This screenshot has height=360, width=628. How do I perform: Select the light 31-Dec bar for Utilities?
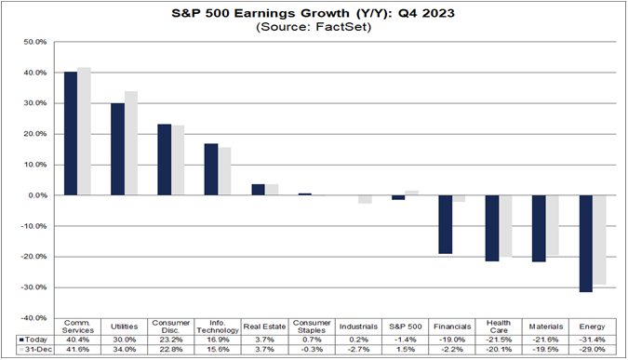pos(131,143)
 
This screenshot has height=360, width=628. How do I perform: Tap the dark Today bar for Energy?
pos(585,243)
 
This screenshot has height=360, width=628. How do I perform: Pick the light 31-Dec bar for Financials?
pos(460,198)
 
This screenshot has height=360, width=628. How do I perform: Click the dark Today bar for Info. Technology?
pos(211,169)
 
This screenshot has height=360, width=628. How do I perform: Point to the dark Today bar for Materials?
pos(538,228)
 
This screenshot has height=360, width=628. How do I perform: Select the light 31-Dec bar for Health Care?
pos(507,226)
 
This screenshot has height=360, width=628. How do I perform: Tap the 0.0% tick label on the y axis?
pos(34,195)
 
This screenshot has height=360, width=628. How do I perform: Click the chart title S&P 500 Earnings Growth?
pos(314,14)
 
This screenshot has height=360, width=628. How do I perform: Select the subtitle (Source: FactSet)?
pos(314,30)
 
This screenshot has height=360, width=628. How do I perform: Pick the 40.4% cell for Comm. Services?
pos(77,340)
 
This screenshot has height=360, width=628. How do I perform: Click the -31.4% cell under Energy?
pos(592,340)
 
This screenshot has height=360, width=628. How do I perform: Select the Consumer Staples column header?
pos(311,327)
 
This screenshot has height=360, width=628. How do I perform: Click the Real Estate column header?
pos(264,327)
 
